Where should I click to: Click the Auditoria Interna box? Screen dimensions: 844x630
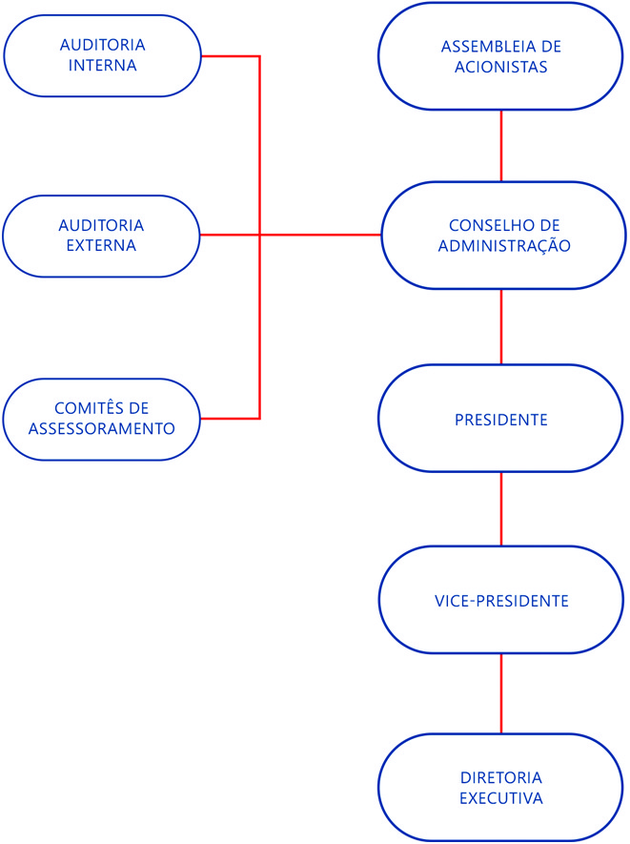point(102,55)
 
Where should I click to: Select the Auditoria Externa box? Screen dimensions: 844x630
point(102,236)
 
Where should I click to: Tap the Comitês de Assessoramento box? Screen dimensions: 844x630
point(102,419)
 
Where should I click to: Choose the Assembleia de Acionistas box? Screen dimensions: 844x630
point(502,56)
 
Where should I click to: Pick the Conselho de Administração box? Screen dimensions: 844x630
point(502,236)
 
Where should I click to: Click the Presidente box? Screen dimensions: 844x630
point(502,419)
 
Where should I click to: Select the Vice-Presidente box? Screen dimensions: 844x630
point(502,601)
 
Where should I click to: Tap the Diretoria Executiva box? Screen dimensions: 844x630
point(502,788)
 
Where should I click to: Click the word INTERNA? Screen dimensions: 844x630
point(102,66)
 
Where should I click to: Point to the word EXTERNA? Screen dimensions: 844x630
point(102,245)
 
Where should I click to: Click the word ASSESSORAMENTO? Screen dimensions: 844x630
point(102,428)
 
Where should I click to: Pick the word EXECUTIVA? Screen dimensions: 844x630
point(502,798)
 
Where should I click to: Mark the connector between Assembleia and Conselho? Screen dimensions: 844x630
point(502,145)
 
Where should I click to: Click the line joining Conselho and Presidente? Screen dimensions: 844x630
point(502,326)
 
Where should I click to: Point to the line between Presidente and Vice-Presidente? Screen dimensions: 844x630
point(502,509)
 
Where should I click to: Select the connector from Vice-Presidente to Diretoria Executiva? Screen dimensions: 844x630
point(502,693)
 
